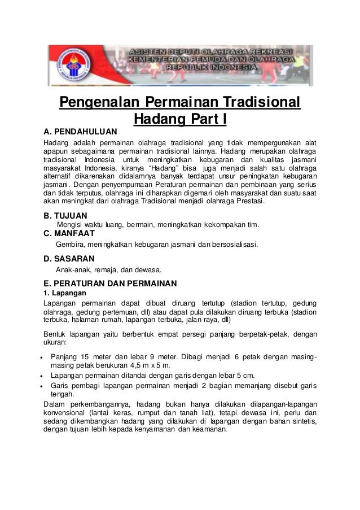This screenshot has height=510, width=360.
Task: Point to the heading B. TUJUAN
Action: tap(65, 216)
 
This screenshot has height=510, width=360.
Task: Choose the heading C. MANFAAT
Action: tap(69, 234)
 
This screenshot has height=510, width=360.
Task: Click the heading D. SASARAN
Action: tap(69, 259)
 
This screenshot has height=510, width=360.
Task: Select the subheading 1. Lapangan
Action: tap(65, 294)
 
